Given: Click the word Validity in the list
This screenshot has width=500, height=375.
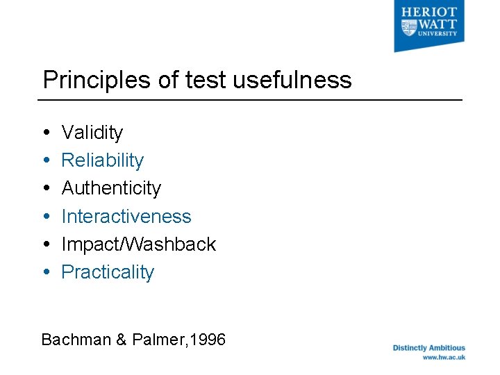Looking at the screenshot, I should (x=92, y=133).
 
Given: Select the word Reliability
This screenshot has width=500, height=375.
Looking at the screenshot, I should (x=103, y=160).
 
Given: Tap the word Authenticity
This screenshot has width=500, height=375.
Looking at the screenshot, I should (x=111, y=188).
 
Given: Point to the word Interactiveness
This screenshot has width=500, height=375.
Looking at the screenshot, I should (x=126, y=217).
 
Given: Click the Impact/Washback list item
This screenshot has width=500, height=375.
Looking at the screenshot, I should (x=139, y=244).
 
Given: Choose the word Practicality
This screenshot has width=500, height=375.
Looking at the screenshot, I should (x=108, y=272).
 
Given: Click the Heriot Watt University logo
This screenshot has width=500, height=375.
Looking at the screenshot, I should (x=429, y=26).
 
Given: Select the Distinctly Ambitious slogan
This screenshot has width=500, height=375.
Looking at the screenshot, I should (x=429, y=348).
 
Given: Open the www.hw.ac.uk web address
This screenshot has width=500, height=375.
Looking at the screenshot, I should (x=444, y=358).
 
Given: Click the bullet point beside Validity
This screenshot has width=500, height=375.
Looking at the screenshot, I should (x=46, y=133).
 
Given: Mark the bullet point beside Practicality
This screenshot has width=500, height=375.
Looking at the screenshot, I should (x=46, y=272).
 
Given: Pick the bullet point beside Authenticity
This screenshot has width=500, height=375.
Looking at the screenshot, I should (x=46, y=188).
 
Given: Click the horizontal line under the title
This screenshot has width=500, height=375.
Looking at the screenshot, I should (x=250, y=100).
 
